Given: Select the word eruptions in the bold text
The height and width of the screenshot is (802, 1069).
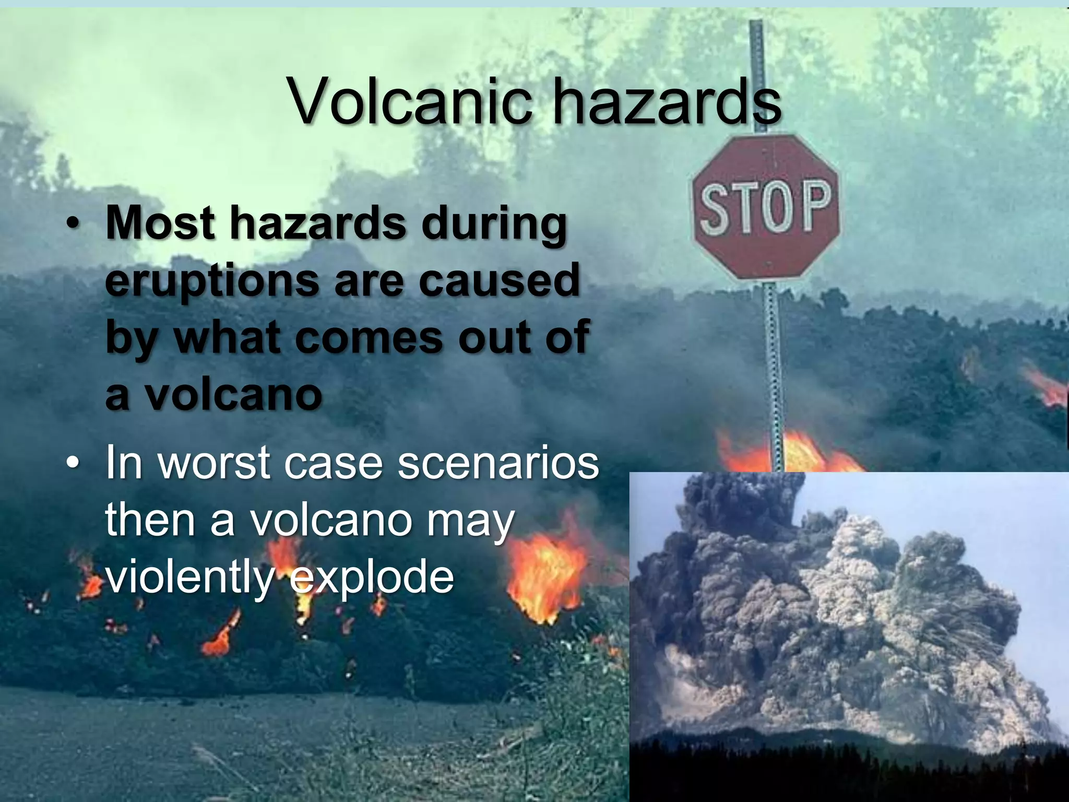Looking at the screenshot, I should pos(211,282).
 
